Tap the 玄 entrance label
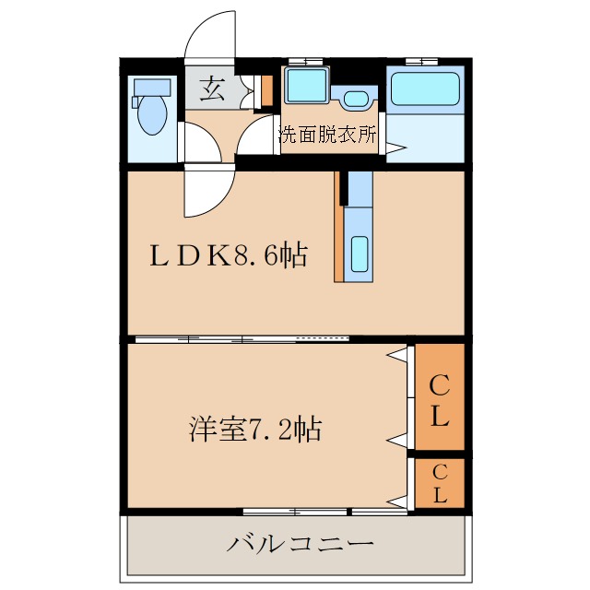tap(212, 89)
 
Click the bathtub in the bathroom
tap(426, 90)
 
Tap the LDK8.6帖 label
tap(229, 255)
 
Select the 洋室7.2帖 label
tap(254, 429)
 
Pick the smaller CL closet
tap(439, 483)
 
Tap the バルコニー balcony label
tap(301, 543)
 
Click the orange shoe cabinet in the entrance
tap(267, 89)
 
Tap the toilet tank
tap(152, 88)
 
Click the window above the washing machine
tap(301, 61)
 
